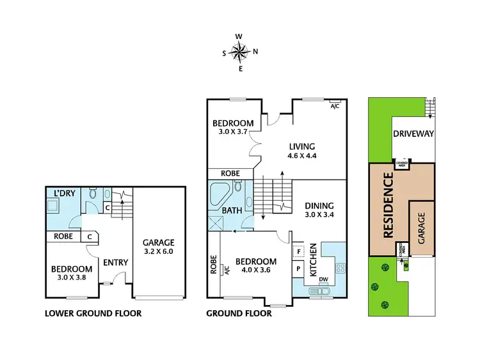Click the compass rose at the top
(x=240, y=52)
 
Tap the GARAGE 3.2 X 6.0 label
(x=158, y=247)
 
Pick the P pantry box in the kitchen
(x=298, y=269)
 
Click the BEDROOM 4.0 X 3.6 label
(x=256, y=266)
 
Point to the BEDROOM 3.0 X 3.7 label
(x=234, y=127)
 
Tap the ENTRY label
(x=116, y=262)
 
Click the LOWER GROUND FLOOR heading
(x=93, y=313)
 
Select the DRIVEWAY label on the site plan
(x=413, y=134)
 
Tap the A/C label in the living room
(x=335, y=106)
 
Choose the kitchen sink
(x=318, y=292)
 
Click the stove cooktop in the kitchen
(x=340, y=267)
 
